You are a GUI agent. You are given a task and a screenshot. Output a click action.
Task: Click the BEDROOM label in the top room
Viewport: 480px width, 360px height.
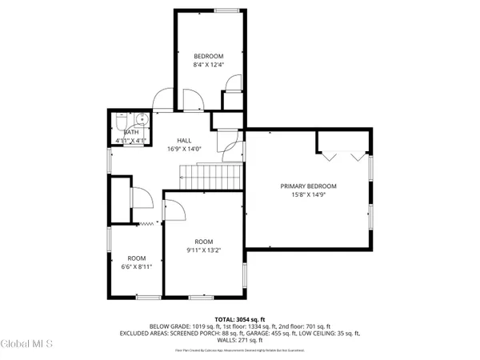click(x=210, y=56)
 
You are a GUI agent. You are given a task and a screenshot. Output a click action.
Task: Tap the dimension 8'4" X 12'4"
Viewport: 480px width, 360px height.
click(x=210, y=65)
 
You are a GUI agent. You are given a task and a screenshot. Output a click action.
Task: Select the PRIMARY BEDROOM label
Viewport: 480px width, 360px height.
click(x=308, y=186)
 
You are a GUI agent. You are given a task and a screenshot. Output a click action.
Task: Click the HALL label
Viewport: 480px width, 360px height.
click(x=184, y=139)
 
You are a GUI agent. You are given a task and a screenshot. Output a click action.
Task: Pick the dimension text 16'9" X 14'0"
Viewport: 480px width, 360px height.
click(x=184, y=148)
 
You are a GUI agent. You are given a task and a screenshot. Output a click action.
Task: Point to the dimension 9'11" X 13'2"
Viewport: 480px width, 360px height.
click(x=204, y=250)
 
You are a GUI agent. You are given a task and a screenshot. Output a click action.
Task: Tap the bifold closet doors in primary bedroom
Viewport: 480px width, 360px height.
click(x=342, y=151)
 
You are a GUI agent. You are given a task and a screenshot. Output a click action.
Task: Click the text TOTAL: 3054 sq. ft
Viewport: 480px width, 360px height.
click(x=240, y=318)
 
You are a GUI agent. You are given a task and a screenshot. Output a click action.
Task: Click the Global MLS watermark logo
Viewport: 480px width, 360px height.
click(x=28, y=343)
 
